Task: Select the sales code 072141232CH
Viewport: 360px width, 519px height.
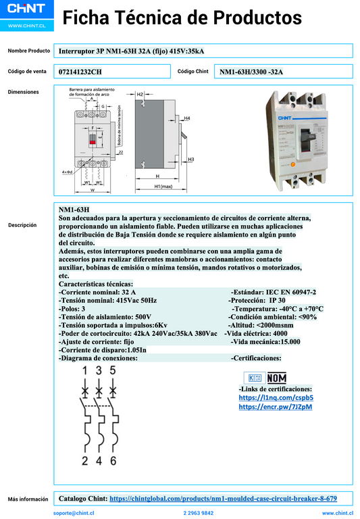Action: (81, 71)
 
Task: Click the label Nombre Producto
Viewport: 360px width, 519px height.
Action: (29, 51)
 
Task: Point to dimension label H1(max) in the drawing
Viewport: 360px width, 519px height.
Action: (162, 186)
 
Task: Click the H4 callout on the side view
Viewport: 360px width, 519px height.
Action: (187, 118)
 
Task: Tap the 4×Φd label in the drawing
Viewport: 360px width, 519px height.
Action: (68, 174)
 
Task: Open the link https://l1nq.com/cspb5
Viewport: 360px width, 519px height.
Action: (276, 398)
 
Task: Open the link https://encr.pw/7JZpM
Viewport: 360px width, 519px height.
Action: (276, 407)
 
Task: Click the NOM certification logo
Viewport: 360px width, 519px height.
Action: (276, 378)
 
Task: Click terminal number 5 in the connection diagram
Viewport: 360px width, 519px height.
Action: (113, 370)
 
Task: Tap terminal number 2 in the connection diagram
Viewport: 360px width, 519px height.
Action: (85, 461)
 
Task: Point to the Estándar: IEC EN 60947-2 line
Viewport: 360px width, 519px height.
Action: (274, 292)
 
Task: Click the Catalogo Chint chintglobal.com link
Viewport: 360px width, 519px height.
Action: (223, 499)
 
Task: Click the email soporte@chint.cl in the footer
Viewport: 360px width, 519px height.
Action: (74, 513)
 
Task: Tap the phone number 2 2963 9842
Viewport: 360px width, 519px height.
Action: (199, 513)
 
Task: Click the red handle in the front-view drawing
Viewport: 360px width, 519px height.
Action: (92, 141)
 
